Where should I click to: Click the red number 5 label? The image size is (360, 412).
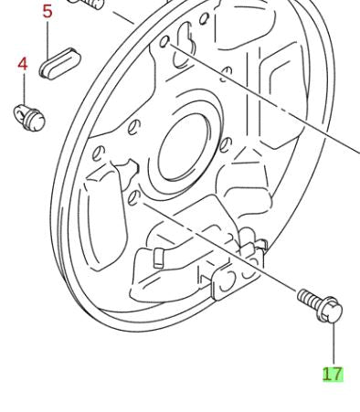coord(48,12)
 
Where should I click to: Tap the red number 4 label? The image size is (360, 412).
coord(23,65)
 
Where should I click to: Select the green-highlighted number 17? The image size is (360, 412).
coord(333,374)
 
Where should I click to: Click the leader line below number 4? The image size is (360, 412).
coord(23,90)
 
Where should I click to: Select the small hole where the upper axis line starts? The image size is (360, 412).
coord(164,42)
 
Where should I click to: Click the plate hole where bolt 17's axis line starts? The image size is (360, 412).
coord(132,198)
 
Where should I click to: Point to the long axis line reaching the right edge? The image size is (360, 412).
coord(274,100)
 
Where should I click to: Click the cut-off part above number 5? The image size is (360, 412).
coord(88,5)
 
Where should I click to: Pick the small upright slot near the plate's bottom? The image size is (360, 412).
coord(157,255)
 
